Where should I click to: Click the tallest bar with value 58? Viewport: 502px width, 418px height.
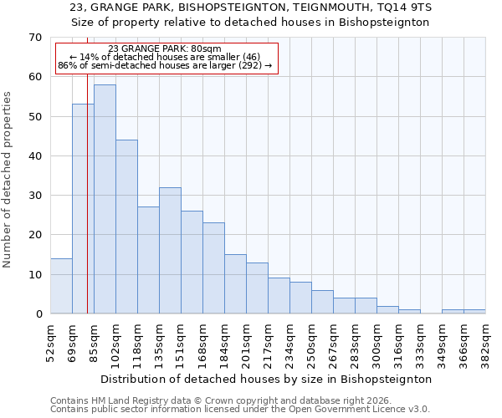[105, 199]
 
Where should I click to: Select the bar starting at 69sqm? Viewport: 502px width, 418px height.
[83, 209]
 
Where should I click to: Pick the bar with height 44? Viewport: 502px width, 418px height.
[126, 227]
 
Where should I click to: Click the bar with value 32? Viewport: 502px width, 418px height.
[170, 250]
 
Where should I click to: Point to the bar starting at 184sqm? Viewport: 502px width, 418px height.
[235, 283]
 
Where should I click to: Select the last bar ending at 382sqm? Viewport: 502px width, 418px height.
[474, 312]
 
